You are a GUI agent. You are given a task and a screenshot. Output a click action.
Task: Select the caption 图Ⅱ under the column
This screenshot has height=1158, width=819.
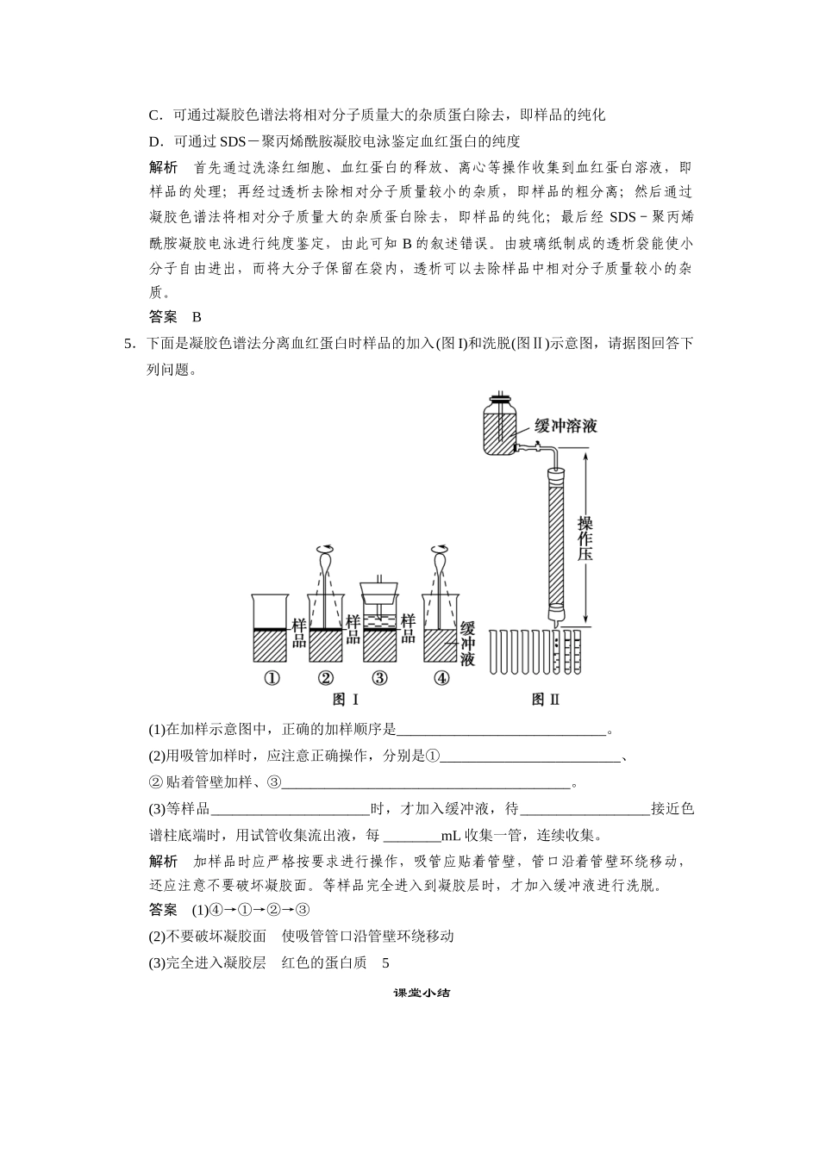pos(546,700)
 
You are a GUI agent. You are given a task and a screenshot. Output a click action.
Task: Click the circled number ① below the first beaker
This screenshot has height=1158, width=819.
pos(272,678)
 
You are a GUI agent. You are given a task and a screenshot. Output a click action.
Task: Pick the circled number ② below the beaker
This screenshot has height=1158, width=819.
pos(326,678)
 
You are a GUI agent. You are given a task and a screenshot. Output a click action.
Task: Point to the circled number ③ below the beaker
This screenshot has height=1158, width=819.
pos(379,678)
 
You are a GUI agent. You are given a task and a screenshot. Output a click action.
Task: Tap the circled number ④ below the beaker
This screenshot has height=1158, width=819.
pos(441,678)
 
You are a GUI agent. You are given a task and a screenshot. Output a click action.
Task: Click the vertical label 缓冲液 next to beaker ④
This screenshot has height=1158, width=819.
pos(468,644)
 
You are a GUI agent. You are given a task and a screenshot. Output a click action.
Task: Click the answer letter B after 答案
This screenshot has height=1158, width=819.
pos(197,317)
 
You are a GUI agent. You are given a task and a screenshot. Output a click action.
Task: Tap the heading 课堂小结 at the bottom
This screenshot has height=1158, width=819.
pos(422,993)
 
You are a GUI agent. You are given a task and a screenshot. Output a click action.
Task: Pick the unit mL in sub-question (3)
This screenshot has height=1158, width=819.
pos(451,836)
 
